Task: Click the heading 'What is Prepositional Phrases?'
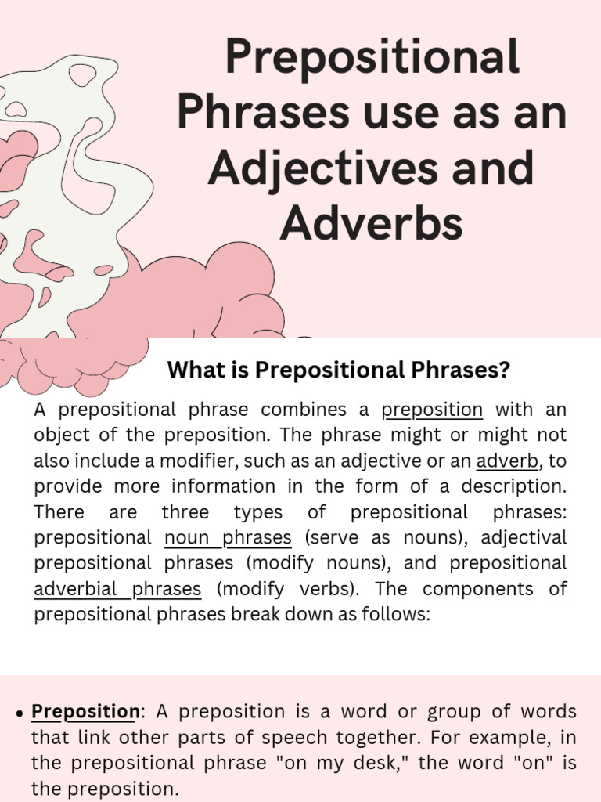click(x=338, y=370)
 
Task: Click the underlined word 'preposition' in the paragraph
click(x=432, y=410)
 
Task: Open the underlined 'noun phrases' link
click(x=228, y=537)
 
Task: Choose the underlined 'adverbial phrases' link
click(x=117, y=589)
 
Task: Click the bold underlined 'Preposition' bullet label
click(x=85, y=712)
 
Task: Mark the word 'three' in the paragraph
click(x=185, y=512)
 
